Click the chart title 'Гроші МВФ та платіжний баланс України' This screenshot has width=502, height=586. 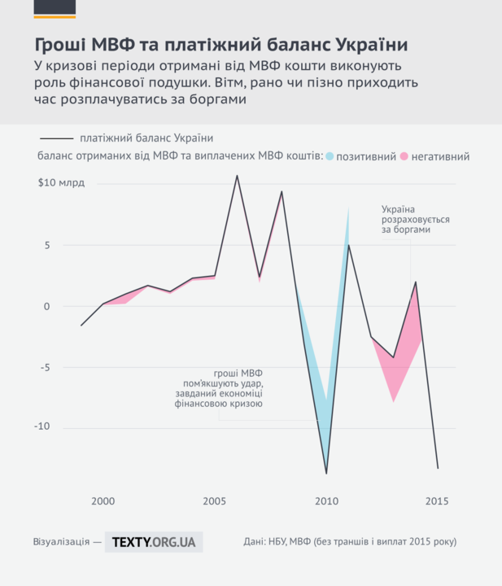[220, 43]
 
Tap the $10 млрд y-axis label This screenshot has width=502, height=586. [61, 183]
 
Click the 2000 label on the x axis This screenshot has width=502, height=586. [103, 501]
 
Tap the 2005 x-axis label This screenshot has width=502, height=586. [215, 501]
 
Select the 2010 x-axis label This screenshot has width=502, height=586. [326, 501]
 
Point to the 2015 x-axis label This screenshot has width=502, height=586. [437, 501]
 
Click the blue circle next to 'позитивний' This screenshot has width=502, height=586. [330, 155]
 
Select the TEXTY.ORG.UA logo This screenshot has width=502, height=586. [154, 541]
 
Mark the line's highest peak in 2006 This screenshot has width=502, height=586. [237, 175]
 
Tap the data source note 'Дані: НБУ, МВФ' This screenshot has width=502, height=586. [350, 541]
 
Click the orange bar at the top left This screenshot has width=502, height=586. [55, 16]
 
